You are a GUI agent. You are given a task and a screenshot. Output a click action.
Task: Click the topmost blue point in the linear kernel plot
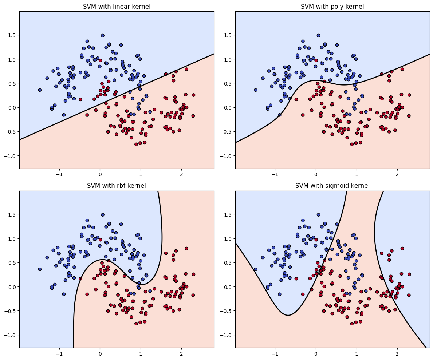click(103, 36)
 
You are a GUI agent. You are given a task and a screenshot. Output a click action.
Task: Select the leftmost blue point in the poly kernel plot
click(256, 90)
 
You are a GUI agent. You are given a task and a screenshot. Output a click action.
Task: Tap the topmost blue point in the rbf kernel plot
click(103, 215)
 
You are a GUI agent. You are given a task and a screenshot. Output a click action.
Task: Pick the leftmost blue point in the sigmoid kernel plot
click(256, 269)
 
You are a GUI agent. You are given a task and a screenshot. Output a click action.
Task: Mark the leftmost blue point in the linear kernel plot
click(40, 90)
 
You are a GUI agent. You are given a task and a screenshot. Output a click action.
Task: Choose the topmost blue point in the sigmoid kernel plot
click(318, 215)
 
